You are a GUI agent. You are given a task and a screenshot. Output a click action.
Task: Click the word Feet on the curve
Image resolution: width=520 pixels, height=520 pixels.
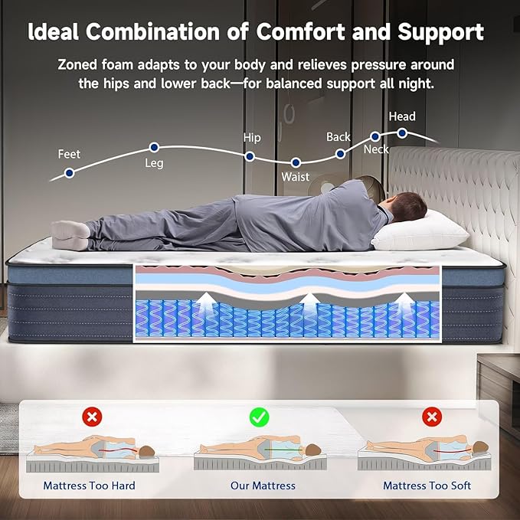tap(69, 155)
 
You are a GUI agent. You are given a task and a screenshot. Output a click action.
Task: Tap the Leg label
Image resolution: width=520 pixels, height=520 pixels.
tap(154, 163)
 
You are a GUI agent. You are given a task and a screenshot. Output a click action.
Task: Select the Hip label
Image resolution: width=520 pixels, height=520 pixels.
tap(252, 138)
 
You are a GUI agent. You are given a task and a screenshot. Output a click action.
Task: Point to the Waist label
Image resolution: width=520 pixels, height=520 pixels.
tap(296, 177)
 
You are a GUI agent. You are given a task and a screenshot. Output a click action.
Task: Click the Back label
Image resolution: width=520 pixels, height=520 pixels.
tap(338, 137)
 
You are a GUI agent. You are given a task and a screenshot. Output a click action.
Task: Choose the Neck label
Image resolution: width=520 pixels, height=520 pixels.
tap(376, 149)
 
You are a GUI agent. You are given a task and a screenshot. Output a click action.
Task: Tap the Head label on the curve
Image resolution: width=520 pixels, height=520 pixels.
tap(402, 116)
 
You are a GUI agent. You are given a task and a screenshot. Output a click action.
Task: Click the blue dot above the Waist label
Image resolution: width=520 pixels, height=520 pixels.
tap(296, 162)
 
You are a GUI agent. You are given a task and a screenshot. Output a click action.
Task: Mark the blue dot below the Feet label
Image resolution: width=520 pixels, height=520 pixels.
tap(69, 172)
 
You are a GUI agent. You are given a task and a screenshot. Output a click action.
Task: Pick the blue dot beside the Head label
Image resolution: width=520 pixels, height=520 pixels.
tap(402, 132)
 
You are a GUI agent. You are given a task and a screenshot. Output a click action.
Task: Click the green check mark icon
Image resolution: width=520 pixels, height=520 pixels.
tap(260, 417)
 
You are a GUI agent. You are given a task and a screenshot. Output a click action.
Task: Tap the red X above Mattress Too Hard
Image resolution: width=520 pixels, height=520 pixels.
tap(92, 417)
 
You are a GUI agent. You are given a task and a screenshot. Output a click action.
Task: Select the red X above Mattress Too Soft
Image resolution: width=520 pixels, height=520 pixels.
tap(432, 417)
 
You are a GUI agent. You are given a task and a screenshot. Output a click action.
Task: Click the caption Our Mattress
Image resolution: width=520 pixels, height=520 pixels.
tap(263, 486)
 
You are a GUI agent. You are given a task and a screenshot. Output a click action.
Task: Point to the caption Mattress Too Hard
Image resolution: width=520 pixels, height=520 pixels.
tap(89, 486)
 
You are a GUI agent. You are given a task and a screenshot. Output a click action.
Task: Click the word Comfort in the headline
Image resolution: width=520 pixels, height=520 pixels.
tap(297, 32)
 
